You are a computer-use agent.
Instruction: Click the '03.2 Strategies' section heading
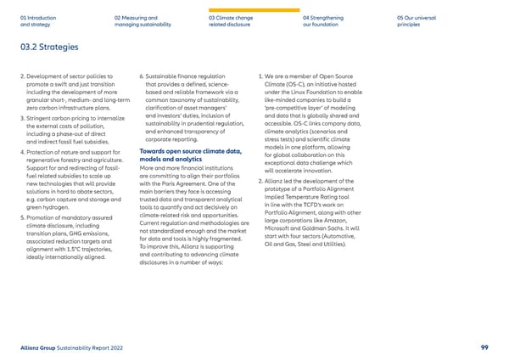[x=49, y=47]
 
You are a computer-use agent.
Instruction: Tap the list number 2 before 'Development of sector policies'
[x=19, y=77]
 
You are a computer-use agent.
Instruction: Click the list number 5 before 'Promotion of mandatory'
[x=19, y=218]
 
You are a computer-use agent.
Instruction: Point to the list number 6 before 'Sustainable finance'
[x=140, y=77]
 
